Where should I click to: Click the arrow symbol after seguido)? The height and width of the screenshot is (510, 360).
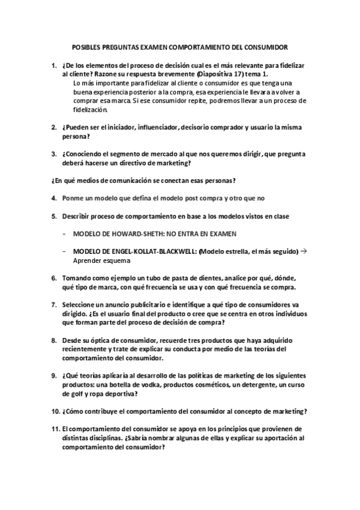pyautogui.click(x=303, y=251)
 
